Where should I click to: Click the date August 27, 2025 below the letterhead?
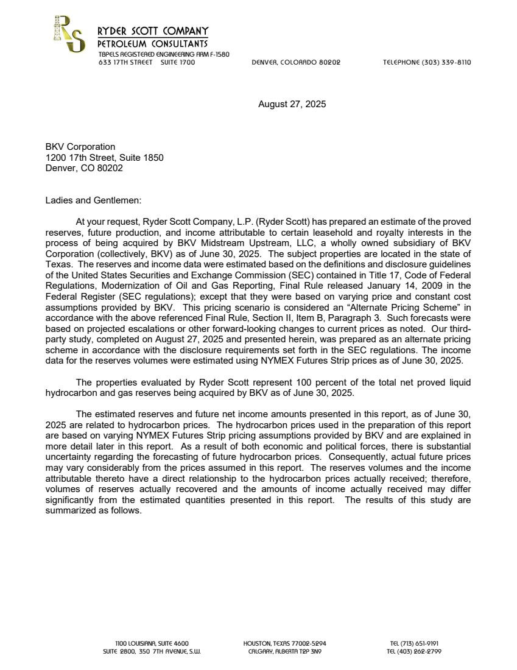(292, 104)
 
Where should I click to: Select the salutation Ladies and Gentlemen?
(93, 200)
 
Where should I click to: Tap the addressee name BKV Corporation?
(80, 147)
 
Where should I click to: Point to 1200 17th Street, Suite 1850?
(104, 157)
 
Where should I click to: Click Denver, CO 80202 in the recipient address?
(84, 167)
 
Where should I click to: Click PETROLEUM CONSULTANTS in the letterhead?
(153, 43)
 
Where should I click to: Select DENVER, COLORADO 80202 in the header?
(296, 62)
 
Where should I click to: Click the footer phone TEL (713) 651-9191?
(414, 643)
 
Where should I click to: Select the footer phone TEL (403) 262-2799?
(414, 651)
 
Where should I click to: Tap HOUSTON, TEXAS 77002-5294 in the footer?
(284, 643)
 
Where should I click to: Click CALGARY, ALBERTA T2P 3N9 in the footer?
(284, 651)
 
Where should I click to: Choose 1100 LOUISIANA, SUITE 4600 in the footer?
(152, 643)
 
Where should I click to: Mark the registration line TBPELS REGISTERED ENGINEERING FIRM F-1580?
(164, 54)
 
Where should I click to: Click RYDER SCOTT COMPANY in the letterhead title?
(153, 31)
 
